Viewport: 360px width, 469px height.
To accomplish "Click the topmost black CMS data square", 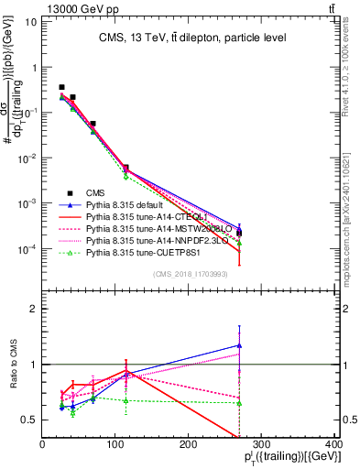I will (x=61, y=87).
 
